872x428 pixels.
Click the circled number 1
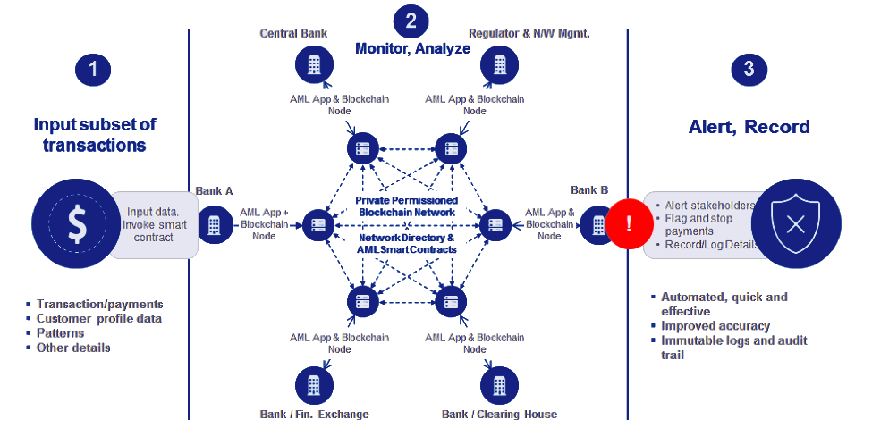tap(93, 71)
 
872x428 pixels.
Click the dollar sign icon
tap(79, 225)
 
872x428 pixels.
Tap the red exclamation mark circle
tap(629, 223)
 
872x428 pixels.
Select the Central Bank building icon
tap(314, 64)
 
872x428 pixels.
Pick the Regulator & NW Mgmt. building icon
tap(499, 64)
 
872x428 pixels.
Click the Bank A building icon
tap(214, 225)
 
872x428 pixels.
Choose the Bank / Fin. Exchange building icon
tap(314, 385)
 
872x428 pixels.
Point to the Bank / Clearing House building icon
tap(499, 385)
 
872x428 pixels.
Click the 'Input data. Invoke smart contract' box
tap(157, 224)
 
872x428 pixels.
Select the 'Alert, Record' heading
tap(749, 128)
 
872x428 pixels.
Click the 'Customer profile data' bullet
tap(98, 318)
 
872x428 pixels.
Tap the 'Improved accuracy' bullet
tap(714, 326)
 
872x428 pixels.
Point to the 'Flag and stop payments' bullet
tap(702, 225)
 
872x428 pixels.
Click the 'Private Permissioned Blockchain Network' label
tap(407, 207)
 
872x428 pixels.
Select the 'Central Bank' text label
tap(293, 33)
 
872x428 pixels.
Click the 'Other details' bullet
tap(72, 347)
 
